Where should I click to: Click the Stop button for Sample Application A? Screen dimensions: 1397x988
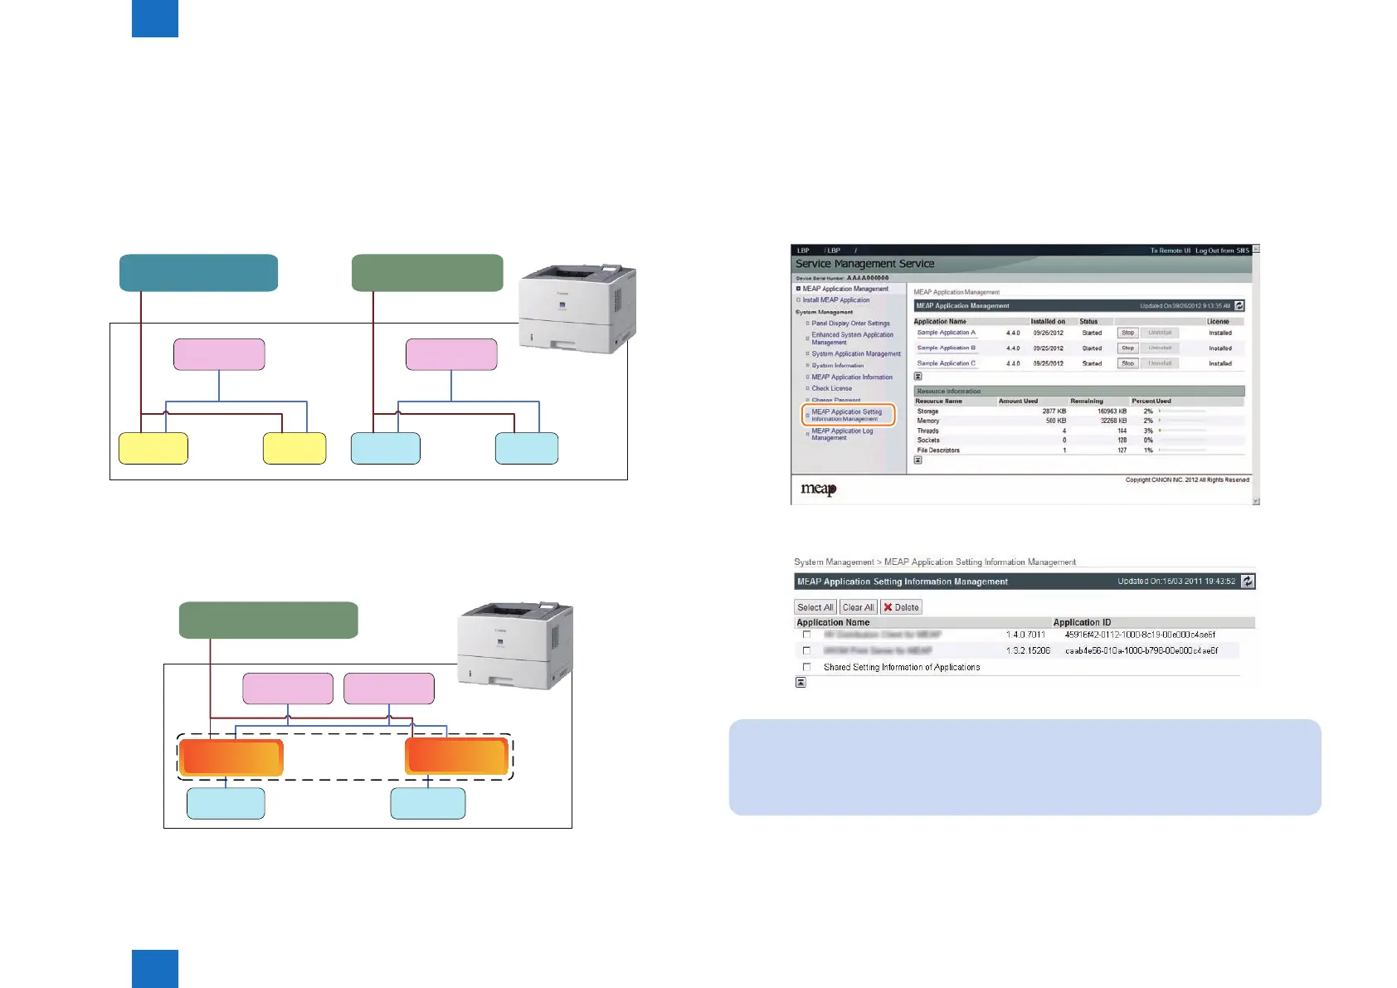click(x=1127, y=333)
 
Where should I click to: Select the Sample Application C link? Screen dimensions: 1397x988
click(x=946, y=363)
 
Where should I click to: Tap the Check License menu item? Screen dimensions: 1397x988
click(x=831, y=388)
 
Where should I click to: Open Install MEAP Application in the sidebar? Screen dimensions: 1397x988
click(x=836, y=300)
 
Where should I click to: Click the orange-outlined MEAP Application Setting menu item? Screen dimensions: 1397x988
click(x=848, y=415)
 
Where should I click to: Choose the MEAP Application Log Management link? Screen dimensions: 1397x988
click(x=842, y=434)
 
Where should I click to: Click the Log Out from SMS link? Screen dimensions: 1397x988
click(x=1221, y=251)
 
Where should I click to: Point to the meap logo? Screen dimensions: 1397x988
click(x=818, y=489)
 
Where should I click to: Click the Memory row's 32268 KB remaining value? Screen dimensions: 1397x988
click(x=1112, y=421)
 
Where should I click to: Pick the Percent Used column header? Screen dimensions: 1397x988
click(x=1151, y=401)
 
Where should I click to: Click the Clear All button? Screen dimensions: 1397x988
click(x=858, y=607)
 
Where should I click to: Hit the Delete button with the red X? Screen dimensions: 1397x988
click(x=901, y=607)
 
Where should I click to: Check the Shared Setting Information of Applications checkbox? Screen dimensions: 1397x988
click(x=806, y=667)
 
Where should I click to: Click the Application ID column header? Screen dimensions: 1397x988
click(x=1082, y=622)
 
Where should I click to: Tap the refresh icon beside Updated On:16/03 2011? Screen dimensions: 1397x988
click(x=1248, y=582)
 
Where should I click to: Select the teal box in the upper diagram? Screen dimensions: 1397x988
click(x=198, y=273)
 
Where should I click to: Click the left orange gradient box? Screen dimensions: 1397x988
click(x=231, y=757)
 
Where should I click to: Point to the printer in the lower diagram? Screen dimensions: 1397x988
click(x=515, y=645)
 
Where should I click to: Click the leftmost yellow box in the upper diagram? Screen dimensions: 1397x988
click(x=153, y=448)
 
